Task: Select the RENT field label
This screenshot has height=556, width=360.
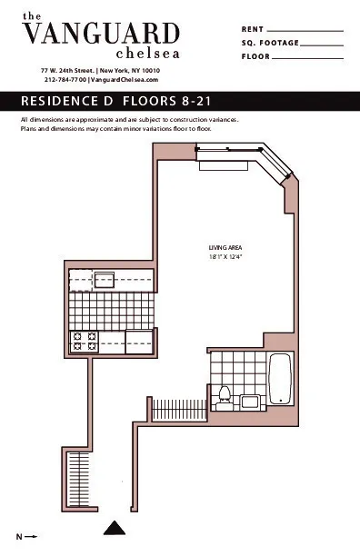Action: pos(252,30)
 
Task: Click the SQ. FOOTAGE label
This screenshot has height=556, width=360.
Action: pos(269,43)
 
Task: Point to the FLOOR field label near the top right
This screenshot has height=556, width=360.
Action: pos(255,56)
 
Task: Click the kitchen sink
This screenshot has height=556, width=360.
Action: pos(105,280)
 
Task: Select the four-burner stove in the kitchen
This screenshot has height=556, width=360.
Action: pos(85,342)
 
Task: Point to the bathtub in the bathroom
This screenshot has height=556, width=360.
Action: pos(279,379)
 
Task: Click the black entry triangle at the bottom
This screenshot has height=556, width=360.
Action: pos(114,527)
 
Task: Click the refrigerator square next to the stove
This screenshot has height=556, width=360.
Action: pos(140,342)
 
